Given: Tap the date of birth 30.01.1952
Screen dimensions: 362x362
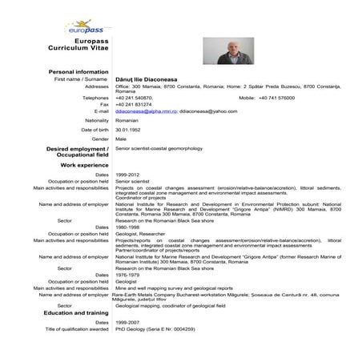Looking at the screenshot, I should point(130,129).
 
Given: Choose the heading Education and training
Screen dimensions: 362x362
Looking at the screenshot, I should point(74,312).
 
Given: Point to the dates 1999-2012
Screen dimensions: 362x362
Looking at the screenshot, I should point(129,174).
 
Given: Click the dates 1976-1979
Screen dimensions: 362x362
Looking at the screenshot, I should point(129,274).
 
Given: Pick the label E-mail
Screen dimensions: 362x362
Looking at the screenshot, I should point(101,111).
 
